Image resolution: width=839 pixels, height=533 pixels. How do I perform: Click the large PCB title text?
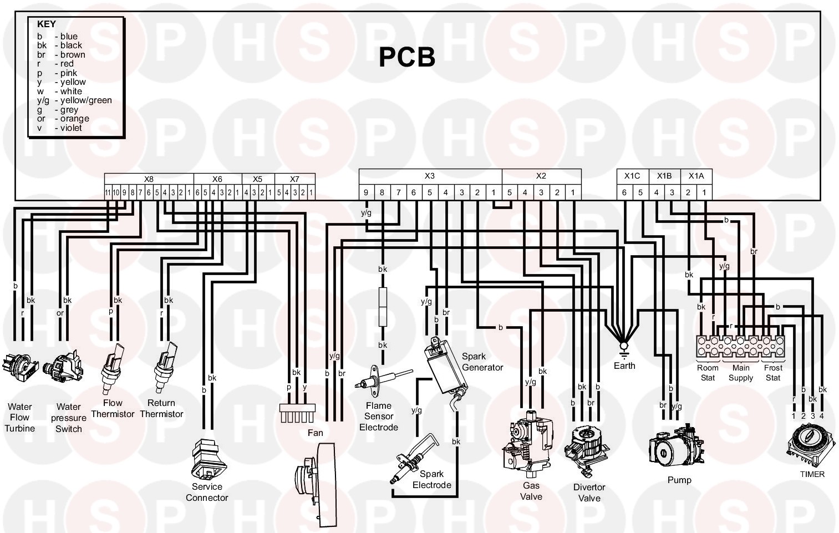[x=406, y=57]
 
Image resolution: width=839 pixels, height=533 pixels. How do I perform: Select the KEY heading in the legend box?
[x=46, y=24]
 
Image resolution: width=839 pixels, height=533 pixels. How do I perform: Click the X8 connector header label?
[x=149, y=179]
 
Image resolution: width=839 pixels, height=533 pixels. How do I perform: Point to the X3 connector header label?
[x=430, y=176]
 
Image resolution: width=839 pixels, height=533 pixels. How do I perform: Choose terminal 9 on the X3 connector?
[x=366, y=192]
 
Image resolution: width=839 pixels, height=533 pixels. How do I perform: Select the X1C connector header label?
[x=632, y=176]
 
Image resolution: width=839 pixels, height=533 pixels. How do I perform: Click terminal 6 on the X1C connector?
[x=624, y=192]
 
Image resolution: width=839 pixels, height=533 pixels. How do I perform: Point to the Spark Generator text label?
[x=482, y=362]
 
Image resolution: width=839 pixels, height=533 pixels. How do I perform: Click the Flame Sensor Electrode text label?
[x=378, y=416]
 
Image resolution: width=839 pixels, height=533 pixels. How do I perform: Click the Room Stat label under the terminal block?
[x=707, y=373]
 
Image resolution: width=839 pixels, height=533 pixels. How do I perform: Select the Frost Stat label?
[x=773, y=373]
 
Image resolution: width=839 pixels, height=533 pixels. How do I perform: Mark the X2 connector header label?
[x=541, y=176]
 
